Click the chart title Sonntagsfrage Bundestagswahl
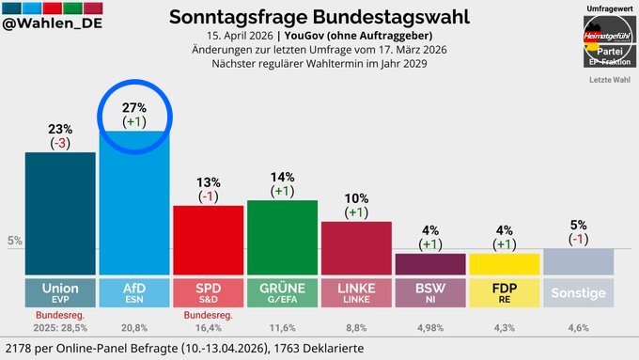319,17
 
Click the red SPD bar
208,240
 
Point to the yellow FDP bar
504,263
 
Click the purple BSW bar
429,263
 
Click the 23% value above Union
59,130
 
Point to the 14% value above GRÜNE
282,177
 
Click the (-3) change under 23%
59,144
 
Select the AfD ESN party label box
133,292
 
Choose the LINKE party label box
355,292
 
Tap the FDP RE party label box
504,292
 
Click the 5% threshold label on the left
14,242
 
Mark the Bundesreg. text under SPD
208,315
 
